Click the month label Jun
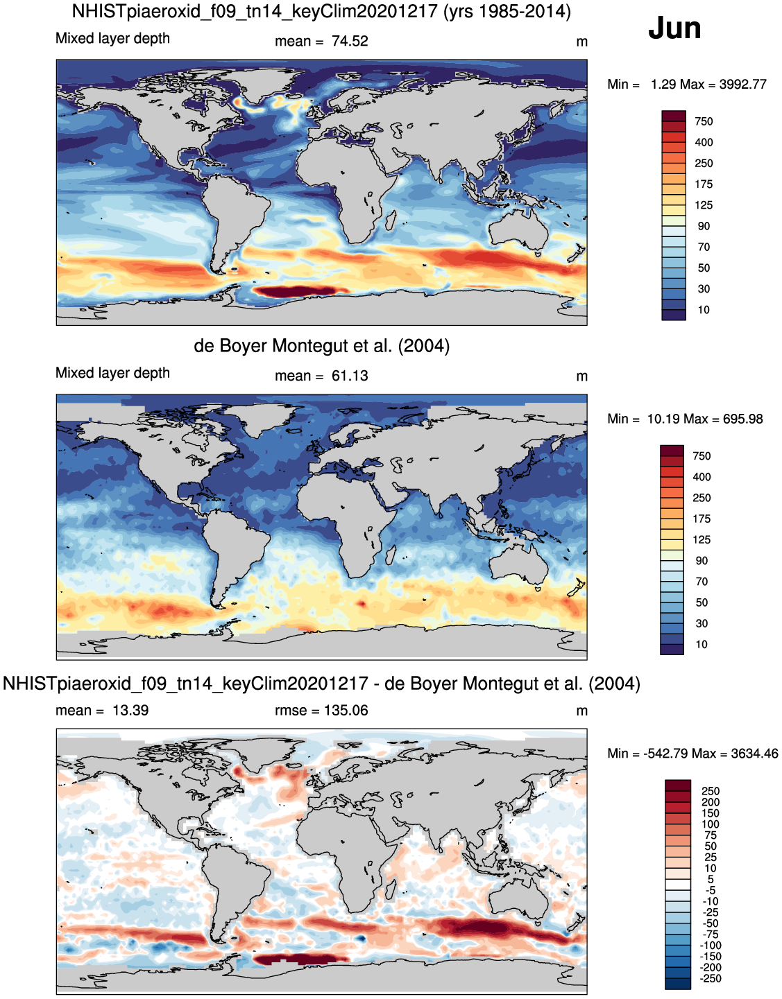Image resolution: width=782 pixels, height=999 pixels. (674, 28)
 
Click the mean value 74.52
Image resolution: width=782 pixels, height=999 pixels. (350, 41)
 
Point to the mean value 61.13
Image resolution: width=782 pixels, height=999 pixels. (350, 376)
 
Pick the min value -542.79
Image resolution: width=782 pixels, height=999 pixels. (666, 754)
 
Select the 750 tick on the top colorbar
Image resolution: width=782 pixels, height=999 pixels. (704, 121)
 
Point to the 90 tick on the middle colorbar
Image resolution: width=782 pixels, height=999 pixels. (702, 561)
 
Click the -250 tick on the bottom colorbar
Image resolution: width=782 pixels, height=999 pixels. (711, 979)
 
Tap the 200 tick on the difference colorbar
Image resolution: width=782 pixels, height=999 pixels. (711, 802)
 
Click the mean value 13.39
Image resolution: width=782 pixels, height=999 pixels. (130, 711)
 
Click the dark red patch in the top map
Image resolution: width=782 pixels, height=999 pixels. (298, 292)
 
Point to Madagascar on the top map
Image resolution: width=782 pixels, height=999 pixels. (391, 223)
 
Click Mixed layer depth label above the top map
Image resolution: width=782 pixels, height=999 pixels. (112, 39)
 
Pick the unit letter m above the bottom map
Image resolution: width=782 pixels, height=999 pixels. (581, 711)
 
